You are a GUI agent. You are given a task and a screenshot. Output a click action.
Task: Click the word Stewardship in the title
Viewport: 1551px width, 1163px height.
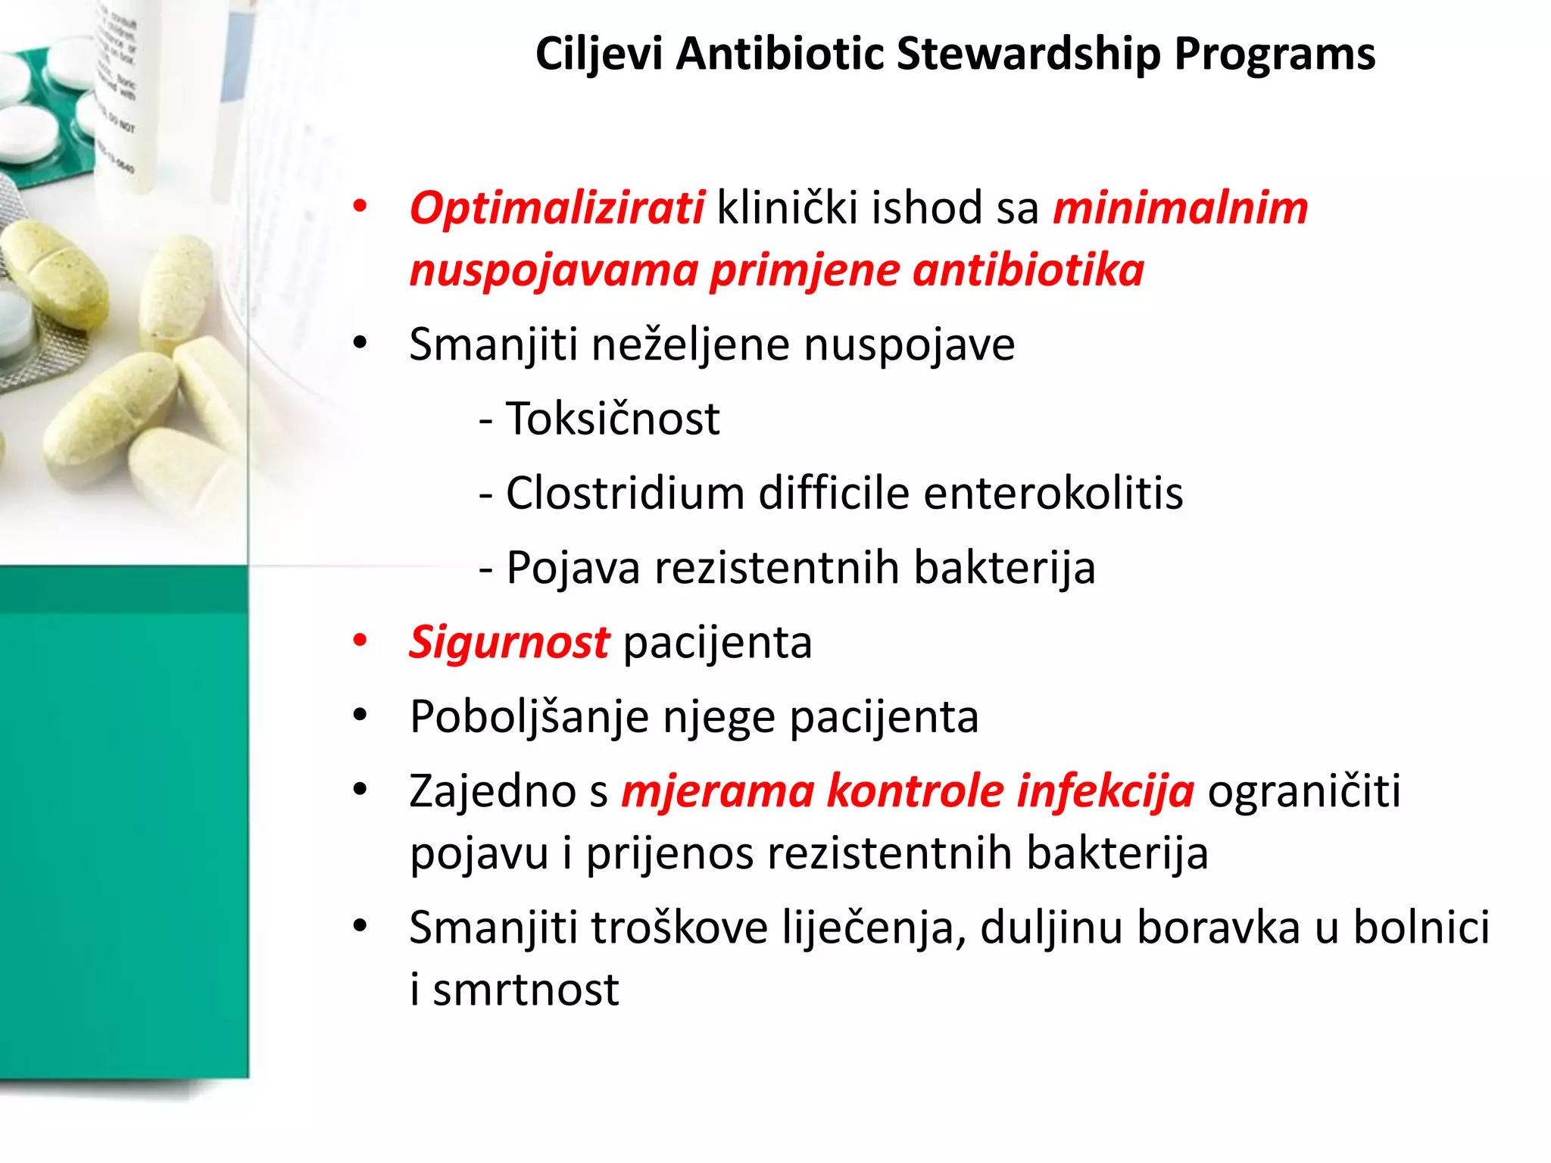[1028, 55]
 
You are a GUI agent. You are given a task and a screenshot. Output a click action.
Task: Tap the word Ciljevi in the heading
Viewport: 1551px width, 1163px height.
[598, 55]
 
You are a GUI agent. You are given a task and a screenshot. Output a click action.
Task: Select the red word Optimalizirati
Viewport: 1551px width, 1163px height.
[557, 208]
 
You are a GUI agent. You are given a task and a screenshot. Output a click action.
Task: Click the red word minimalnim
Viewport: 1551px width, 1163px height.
[1180, 208]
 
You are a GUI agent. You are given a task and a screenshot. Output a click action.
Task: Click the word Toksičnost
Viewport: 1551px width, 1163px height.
[612, 419]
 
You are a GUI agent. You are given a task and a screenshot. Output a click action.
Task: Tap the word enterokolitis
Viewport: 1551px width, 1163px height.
[1053, 493]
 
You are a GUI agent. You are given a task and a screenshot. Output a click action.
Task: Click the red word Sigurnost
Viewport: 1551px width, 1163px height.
[509, 643]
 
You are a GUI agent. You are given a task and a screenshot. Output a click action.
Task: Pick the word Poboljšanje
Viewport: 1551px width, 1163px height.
[529, 717]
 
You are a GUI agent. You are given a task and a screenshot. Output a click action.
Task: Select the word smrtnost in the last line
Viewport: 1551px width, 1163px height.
[526, 990]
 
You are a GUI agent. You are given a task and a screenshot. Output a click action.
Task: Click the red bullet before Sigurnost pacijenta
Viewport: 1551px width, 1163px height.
[360, 641]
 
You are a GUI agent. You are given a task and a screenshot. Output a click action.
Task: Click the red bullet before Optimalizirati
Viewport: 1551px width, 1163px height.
[360, 206]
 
